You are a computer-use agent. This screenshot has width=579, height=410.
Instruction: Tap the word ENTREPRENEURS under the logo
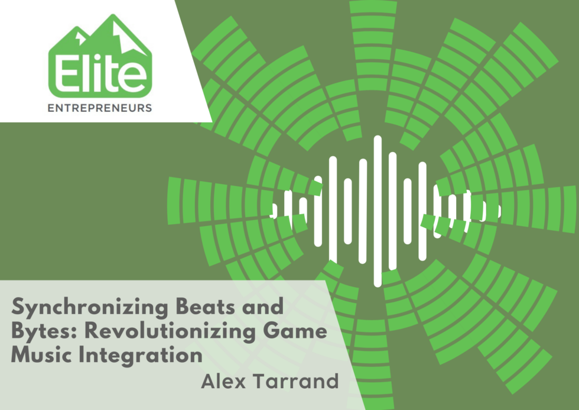100,108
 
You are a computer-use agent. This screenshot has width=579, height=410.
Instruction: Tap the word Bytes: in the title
44,331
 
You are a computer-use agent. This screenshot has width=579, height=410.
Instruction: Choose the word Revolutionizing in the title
170,332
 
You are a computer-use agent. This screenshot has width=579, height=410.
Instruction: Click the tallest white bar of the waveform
378,211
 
